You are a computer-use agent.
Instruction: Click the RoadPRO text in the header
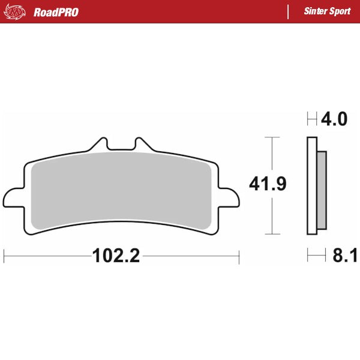(x=56, y=12)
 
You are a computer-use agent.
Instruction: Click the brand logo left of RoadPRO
(x=16, y=12)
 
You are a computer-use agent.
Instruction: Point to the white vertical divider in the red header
(x=289, y=11)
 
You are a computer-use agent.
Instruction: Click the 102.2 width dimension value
(x=116, y=256)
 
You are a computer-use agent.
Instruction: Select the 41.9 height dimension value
(x=268, y=184)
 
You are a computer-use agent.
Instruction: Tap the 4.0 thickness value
(x=334, y=119)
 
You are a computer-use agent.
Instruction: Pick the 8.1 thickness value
(x=344, y=256)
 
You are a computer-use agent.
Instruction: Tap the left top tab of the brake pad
(x=100, y=145)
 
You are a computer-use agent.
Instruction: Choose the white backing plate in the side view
(x=311, y=186)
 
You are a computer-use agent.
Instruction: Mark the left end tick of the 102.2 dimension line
(x=4, y=256)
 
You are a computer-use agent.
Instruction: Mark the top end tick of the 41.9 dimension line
(x=272, y=137)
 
